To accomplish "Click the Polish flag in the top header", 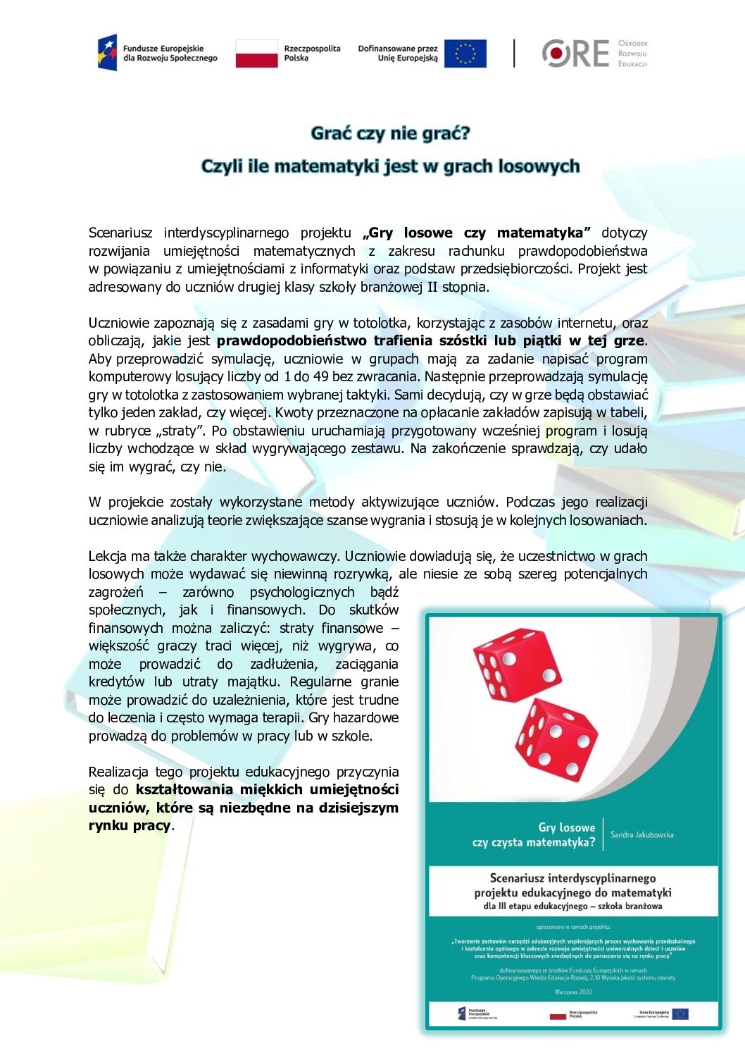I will click(x=256, y=54).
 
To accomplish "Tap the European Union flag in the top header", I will click(x=465, y=54).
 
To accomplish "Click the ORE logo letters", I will click(x=575, y=54).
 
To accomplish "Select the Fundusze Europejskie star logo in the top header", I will click(x=107, y=53).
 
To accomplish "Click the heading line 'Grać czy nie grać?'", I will click(x=390, y=133).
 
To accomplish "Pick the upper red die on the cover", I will click(x=517, y=664).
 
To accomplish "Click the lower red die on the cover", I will click(x=556, y=739).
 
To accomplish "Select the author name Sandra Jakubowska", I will click(x=641, y=834).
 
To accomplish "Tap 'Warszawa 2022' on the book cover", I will click(x=573, y=992).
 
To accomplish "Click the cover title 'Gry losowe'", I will click(x=566, y=827).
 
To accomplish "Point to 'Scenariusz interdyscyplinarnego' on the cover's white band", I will click(x=572, y=878).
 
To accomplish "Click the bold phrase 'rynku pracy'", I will click(x=130, y=825).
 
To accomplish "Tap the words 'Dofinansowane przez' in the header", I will click(x=397, y=49).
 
